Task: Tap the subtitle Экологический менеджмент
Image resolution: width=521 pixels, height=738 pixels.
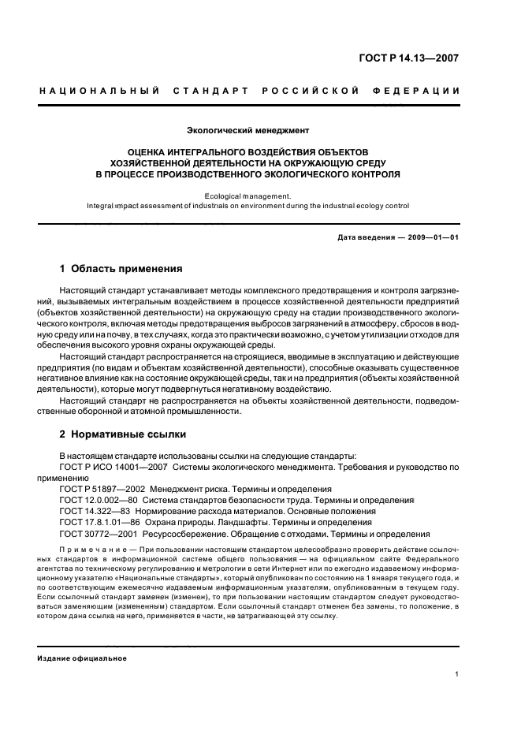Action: (x=247, y=129)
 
